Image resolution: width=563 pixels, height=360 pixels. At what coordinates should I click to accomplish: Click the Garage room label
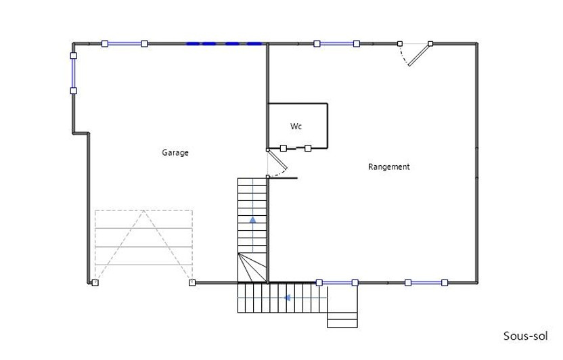(175, 153)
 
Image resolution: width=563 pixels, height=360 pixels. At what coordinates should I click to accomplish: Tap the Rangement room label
(388, 166)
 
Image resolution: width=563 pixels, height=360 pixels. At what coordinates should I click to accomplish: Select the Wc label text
(296, 127)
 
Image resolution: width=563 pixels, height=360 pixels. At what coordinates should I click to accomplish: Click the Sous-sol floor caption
(525, 336)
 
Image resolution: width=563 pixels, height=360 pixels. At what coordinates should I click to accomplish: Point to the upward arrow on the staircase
(252, 219)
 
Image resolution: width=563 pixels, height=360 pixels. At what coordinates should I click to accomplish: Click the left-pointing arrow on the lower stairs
(287, 297)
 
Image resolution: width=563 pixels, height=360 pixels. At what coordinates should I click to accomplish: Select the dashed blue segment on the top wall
(224, 43)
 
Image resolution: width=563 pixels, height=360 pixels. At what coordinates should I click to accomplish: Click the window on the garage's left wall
(73, 68)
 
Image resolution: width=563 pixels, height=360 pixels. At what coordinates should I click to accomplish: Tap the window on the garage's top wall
(125, 43)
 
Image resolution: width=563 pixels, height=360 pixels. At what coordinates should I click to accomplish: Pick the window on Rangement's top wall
(336, 43)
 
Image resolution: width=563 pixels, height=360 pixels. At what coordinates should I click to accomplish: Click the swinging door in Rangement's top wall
(416, 53)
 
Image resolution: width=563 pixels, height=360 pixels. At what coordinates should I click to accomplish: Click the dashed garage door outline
(143, 245)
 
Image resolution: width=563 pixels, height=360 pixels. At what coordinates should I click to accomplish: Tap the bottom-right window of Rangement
(426, 282)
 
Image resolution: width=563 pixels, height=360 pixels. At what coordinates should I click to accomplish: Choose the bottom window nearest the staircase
(336, 282)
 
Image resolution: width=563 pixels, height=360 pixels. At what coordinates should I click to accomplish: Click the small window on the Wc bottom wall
(296, 148)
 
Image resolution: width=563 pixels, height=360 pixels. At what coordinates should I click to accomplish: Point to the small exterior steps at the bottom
(342, 316)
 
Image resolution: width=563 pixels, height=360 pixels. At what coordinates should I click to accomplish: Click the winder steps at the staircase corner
(252, 267)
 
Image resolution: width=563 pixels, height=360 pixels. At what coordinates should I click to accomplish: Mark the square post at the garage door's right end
(192, 282)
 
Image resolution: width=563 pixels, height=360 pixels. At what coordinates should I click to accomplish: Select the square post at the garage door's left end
(95, 282)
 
